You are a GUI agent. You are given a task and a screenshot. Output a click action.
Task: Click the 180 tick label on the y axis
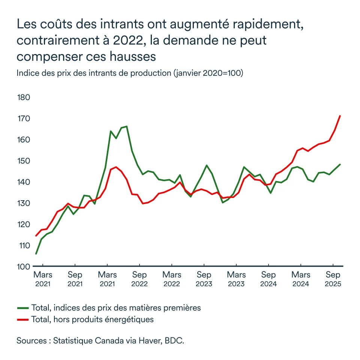click(23, 97)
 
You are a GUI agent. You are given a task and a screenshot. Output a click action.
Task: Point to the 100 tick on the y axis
click(23, 267)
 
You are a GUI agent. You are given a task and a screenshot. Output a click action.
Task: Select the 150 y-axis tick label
click(23, 161)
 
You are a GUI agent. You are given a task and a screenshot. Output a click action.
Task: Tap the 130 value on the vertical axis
click(23, 203)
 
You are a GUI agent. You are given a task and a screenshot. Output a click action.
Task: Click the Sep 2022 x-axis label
click(139, 279)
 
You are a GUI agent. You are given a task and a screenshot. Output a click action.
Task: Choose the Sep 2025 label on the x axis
click(333, 279)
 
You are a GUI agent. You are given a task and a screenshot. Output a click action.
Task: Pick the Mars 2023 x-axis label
click(236, 279)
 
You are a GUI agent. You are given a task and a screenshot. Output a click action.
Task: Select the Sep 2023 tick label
click(204, 279)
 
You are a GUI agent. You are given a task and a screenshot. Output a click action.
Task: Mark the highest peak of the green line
click(127, 126)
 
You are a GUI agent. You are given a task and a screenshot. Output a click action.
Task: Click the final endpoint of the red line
click(340, 116)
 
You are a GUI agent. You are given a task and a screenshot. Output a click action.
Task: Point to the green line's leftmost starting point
click(36, 254)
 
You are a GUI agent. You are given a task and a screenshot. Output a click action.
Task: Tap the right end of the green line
click(340, 164)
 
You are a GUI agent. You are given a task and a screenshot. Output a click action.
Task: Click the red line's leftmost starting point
click(36, 236)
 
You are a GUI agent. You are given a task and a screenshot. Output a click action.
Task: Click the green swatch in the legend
click(23, 308)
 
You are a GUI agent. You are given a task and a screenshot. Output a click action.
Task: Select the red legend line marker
click(23, 319)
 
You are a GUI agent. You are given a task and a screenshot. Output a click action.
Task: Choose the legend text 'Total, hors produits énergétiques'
click(93, 319)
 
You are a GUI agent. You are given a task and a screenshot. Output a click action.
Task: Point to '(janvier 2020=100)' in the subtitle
click(208, 73)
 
